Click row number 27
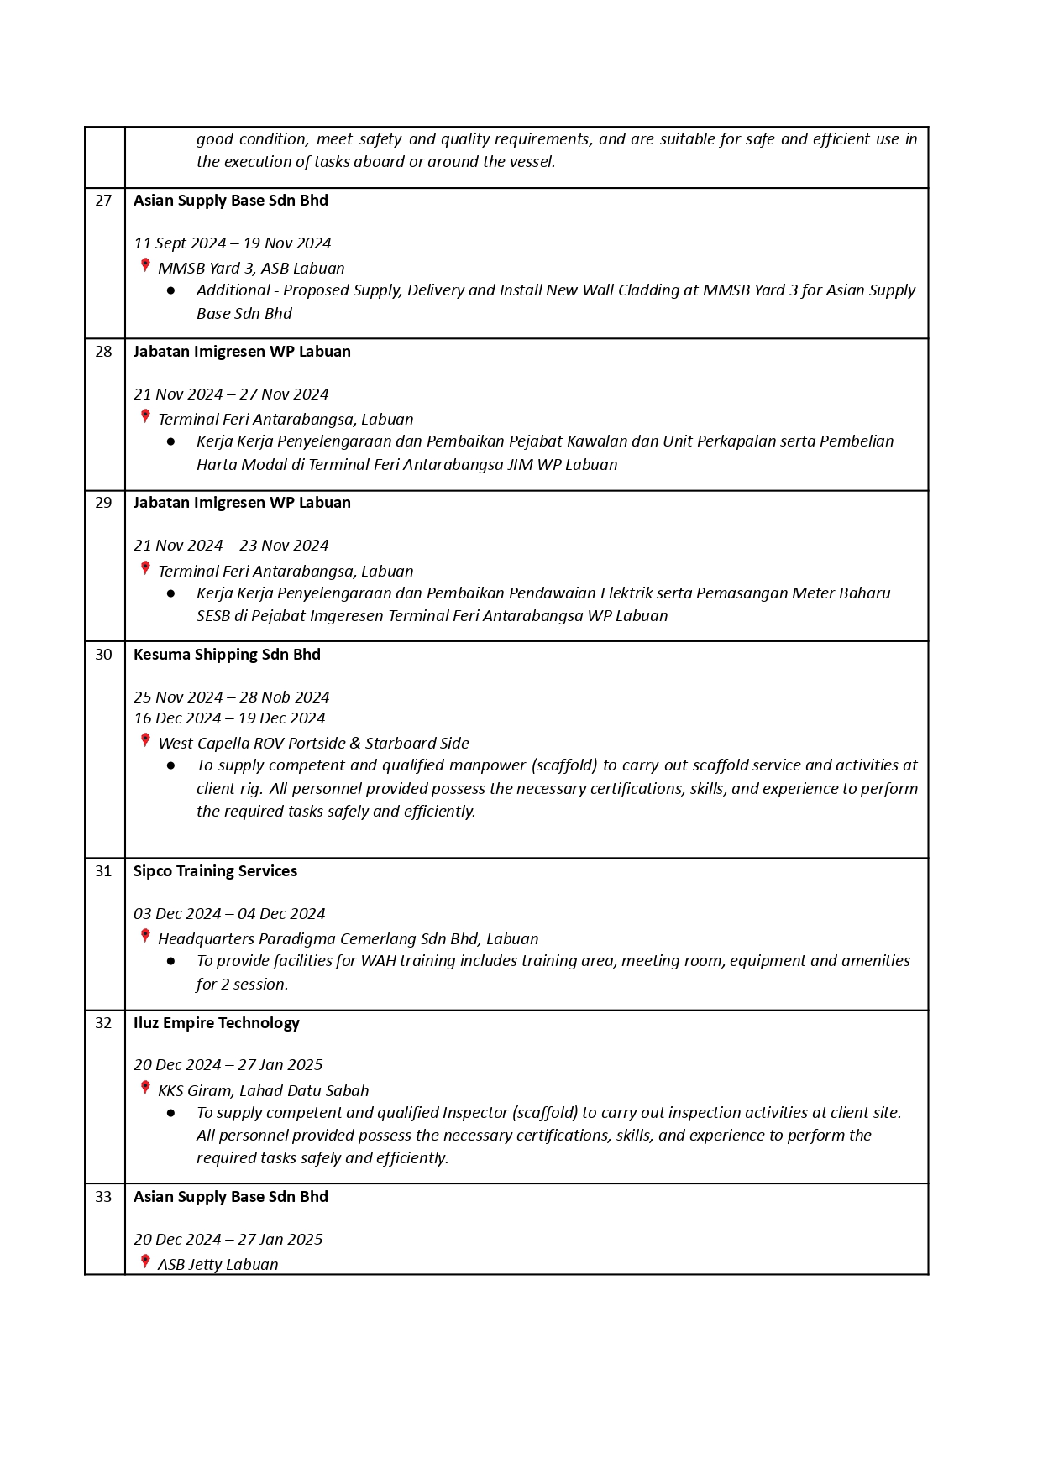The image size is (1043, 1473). click(103, 201)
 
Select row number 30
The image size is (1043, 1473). click(103, 655)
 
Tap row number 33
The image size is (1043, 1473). click(103, 1197)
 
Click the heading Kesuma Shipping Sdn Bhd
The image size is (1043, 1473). click(227, 655)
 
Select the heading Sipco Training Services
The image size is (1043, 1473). click(215, 871)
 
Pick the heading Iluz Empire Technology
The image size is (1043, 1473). click(216, 1023)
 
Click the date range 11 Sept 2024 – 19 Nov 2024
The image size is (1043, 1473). click(232, 243)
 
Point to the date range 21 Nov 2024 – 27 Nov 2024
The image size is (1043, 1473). click(231, 394)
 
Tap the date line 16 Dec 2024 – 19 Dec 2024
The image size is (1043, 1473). click(229, 718)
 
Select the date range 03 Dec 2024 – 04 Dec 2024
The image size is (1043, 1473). click(229, 914)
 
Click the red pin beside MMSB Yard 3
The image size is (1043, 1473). click(145, 266)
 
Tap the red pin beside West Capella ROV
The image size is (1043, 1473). click(145, 741)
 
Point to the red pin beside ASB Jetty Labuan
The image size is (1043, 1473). click(145, 1262)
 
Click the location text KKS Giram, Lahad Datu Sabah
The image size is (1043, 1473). click(263, 1091)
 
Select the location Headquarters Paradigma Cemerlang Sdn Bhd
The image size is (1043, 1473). click(348, 939)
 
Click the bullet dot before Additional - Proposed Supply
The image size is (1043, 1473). click(171, 290)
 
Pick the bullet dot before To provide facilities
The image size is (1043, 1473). click(171, 961)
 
